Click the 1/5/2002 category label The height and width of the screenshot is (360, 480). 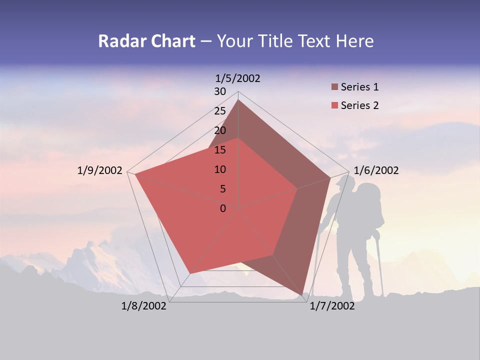point(238,78)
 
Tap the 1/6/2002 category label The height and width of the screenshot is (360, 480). point(376,170)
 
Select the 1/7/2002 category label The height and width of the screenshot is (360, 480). point(332,306)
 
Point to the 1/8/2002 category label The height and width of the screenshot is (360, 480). point(144,306)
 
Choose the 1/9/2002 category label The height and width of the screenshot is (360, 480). point(100,170)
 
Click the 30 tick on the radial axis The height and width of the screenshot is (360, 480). point(220,91)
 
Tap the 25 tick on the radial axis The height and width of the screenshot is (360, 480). point(220,111)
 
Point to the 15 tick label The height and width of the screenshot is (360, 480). point(220,150)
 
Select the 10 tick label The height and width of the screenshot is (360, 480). point(220,169)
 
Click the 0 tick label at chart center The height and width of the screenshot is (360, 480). point(223,208)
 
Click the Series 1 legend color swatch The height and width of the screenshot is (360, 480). point(334,87)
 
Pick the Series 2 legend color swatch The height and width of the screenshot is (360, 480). point(334,105)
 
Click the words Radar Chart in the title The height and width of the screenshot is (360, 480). point(146,41)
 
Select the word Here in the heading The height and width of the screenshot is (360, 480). point(354,41)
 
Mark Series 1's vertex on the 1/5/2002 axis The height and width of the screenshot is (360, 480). point(238,100)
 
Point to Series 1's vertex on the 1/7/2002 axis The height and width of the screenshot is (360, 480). point(303,295)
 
